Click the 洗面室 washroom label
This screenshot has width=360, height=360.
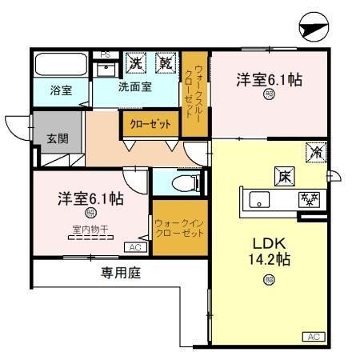pyautogui.click(x=136, y=86)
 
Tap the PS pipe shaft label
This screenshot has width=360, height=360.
pyautogui.click(x=105, y=55)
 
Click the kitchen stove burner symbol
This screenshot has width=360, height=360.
pyautogui.click(x=308, y=199)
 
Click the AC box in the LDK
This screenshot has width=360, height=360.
pyautogui.click(x=315, y=337)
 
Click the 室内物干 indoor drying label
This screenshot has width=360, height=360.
pyautogui.click(x=90, y=230)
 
